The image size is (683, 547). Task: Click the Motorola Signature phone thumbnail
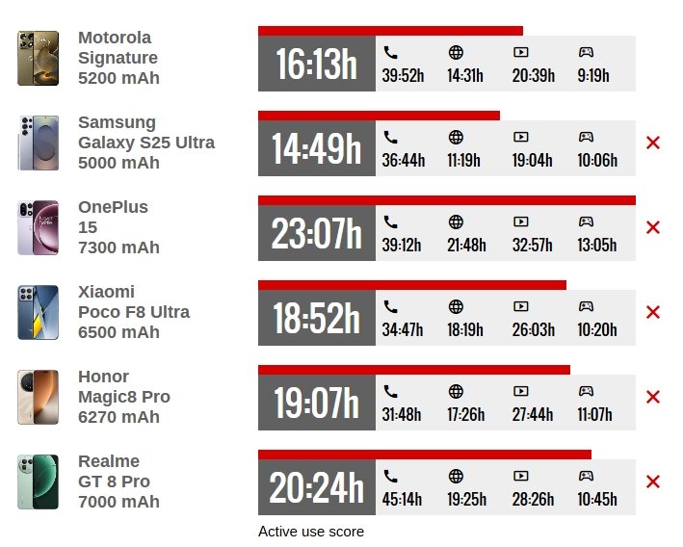coord(38,58)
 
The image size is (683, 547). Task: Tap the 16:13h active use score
coord(316,65)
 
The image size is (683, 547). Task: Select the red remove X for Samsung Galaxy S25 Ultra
coord(652,143)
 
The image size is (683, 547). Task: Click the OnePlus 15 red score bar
coord(446,200)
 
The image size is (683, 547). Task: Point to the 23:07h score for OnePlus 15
coord(316,235)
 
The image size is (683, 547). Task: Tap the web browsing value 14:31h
coord(465,75)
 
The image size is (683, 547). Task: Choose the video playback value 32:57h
coord(533,245)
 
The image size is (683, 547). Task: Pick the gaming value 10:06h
coord(597,160)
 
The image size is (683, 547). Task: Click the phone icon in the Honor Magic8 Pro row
coord(390,391)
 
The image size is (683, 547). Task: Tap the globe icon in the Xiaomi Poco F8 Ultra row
coord(456,306)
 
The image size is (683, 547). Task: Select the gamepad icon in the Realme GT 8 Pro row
coord(586,476)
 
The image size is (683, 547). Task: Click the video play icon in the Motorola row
coord(521,52)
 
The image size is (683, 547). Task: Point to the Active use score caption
coord(311,532)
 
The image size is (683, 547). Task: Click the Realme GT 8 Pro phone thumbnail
coord(38,482)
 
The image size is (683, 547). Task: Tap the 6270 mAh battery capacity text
coord(118,417)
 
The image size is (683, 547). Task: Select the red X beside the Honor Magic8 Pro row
coord(652,397)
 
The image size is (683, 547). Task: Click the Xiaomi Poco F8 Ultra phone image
coord(38,312)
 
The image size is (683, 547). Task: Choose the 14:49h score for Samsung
coord(316,150)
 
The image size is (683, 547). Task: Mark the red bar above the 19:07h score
coord(414,370)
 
